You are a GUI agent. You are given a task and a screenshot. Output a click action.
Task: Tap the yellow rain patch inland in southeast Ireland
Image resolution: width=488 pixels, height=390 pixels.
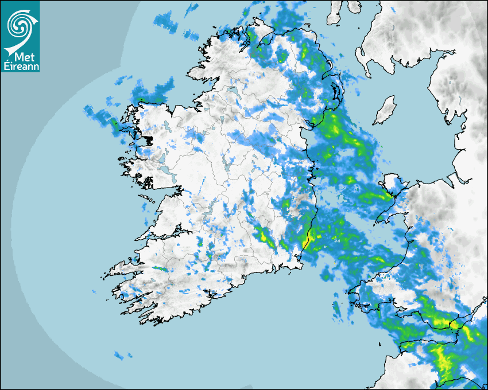[x=264, y=235]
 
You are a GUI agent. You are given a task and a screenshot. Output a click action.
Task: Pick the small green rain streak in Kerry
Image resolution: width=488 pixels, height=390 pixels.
[x=160, y=268]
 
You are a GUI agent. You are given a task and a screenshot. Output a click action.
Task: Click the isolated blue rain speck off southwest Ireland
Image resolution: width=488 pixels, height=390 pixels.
[x=119, y=356]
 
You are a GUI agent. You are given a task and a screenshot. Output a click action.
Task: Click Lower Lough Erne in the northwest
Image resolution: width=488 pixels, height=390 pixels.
[x=233, y=92]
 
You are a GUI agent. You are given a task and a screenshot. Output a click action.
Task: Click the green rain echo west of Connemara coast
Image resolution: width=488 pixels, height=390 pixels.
[x=114, y=122]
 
